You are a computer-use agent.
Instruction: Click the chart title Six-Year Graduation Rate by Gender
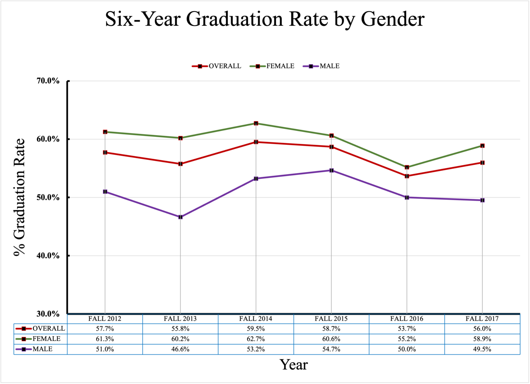pyautogui.click(x=265, y=19)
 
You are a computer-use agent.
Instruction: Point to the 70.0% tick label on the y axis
pyautogui.click(x=48, y=81)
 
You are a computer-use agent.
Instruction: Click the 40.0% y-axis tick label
pyautogui.click(x=48, y=256)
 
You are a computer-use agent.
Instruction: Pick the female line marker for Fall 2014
pyautogui.click(x=256, y=123)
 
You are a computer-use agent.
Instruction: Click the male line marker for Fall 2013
pyautogui.click(x=180, y=217)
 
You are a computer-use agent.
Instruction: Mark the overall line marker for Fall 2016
pyautogui.click(x=407, y=176)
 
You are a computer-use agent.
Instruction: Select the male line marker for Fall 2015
pyautogui.click(x=331, y=170)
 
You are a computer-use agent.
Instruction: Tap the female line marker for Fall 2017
pyautogui.click(x=482, y=146)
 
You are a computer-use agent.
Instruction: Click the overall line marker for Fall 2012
pyautogui.click(x=105, y=153)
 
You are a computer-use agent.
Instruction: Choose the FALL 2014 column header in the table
pyautogui.click(x=256, y=319)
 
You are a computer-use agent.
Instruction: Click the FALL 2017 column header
pyautogui.click(x=482, y=319)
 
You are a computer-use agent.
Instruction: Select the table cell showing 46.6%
pyautogui.click(x=180, y=349)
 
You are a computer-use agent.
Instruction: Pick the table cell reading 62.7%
pyautogui.click(x=256, y=339)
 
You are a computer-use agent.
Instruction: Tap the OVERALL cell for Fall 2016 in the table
pyautogui.click(x=407, y=329)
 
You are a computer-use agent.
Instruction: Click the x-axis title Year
pyautogui.click(x=294, y=365)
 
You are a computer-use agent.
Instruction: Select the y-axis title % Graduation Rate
pyautogui.click(x=19, y=197)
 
